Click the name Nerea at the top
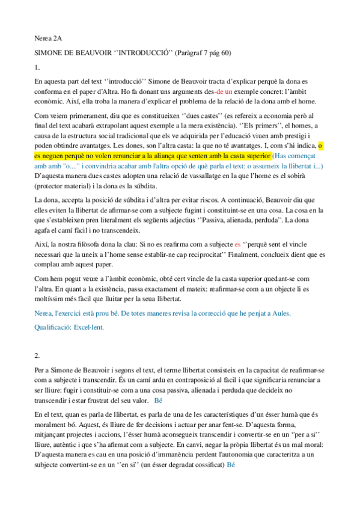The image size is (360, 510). [43, 38]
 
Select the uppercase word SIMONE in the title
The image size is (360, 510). [49, 53]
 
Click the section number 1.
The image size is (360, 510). [37, 67]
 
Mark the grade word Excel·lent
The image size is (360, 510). [88, 327]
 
